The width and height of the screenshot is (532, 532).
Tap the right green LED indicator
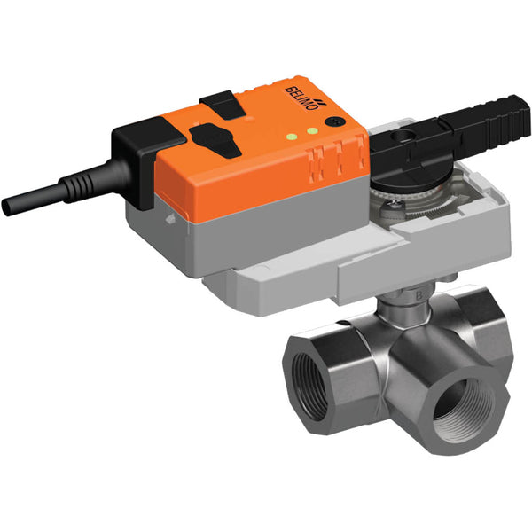314,132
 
